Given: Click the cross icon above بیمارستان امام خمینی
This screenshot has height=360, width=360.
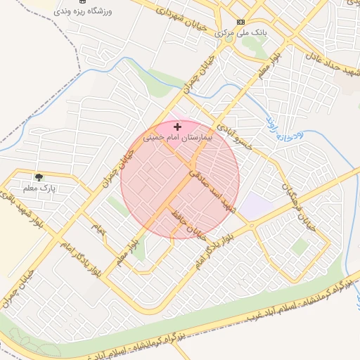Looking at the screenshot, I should pyautogui.click(x=177, y=127).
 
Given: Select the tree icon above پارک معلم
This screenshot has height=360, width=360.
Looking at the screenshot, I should pyautogui.click(x=39, y=176).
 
